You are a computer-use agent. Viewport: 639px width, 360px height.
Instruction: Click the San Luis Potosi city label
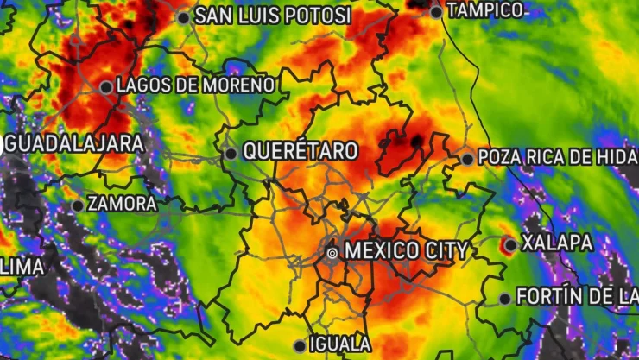coord(273,16)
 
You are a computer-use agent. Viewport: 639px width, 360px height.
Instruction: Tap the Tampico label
coord(486,10)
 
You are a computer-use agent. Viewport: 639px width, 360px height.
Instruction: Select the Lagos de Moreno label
coord(195,85)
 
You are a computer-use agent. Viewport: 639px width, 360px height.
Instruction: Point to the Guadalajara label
coord(74,144)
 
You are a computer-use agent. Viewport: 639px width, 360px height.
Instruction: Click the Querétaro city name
coord(300,151)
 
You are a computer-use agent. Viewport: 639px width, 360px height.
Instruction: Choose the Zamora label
coord(123,205)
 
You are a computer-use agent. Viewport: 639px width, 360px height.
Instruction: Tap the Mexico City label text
coord(406,251)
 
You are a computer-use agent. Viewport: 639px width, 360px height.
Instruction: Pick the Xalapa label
coord(558,243)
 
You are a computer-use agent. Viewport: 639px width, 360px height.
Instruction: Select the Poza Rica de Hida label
coord(557,157)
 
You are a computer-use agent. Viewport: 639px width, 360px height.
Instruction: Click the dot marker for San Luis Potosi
coord(183,17)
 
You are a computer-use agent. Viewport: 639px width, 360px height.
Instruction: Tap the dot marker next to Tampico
coord(436,12)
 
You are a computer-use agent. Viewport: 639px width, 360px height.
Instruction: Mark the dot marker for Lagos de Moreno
coord(105,86)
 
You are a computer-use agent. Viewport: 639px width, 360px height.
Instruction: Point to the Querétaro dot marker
coord(231,154)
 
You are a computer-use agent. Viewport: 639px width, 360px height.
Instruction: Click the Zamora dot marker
coord(78,205)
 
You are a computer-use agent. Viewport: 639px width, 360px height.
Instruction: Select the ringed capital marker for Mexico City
coord(332,252)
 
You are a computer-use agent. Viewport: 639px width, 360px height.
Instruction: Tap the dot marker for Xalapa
coord(510,245)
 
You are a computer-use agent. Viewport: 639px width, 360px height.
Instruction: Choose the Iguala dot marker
coord(300,345)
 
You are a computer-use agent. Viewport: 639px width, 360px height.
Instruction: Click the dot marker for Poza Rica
coord(467,159)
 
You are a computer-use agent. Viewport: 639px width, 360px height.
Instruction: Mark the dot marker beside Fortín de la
coord(505,299)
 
